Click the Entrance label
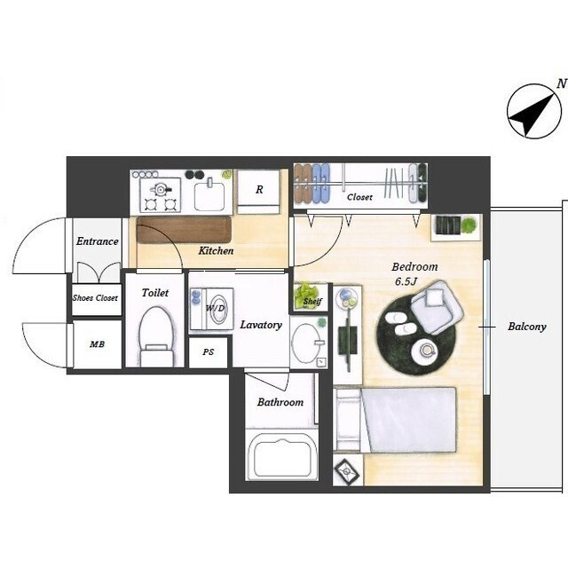point(97,241)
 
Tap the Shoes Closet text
point(95,298)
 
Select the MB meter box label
point(97,344)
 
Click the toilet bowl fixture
point(156,336)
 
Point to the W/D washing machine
point(212,309)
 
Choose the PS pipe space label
point(209,351)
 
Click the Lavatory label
point(261,325)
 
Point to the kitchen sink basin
point(209,196)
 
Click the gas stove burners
point(160,195)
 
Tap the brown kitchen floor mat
point(184,230)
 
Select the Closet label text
point(359,197)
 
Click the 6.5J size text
point(406,281)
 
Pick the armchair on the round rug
point(438,307)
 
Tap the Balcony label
point(526,327)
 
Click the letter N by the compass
point(562,84)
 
